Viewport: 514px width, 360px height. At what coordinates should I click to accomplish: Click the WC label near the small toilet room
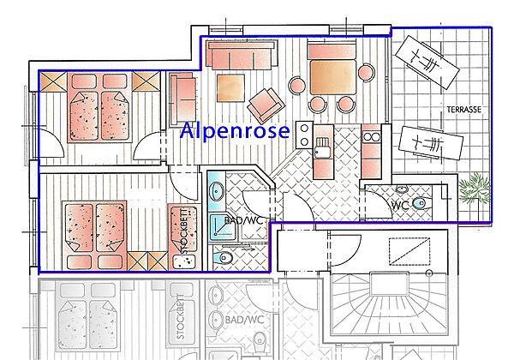tap(400, 206)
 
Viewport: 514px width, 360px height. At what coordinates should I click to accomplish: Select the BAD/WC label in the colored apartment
tap(245, 221)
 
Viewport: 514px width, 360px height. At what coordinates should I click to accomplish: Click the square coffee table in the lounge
tap(232, 87)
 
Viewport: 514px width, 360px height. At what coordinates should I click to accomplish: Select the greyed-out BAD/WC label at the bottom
tap(245, 321)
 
